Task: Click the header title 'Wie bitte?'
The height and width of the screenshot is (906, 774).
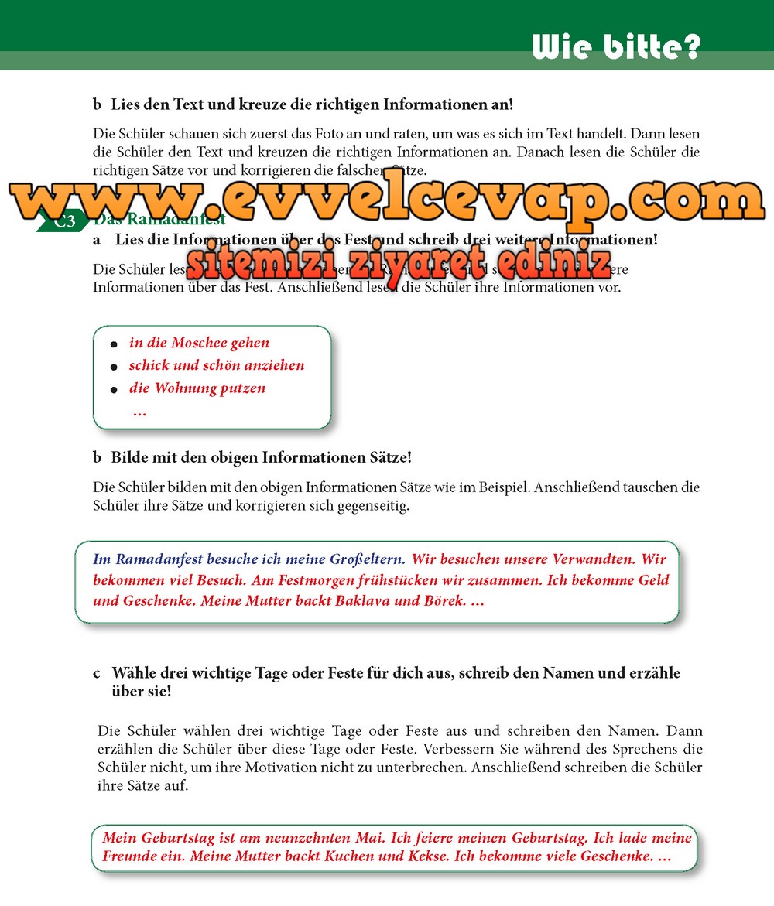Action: pos(616,46)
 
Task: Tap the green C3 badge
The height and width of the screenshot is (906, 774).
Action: pos(64,222)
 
